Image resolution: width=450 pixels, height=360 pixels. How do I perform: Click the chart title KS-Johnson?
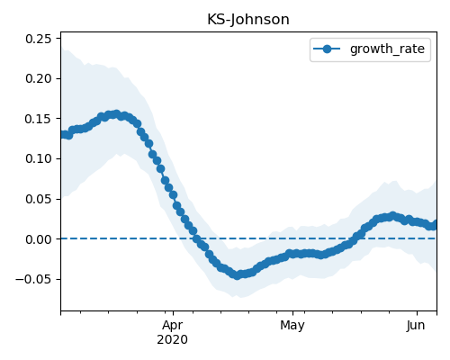click(248, 20)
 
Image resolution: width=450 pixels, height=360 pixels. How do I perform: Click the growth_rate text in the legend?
click(387, 49)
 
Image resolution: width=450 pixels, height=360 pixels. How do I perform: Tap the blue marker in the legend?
click(327, 49)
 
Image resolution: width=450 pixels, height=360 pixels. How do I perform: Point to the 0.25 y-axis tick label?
click(38, 39)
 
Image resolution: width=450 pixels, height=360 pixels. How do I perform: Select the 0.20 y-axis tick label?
click(38, 78)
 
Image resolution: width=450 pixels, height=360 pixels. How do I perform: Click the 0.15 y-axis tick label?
click(38, 119)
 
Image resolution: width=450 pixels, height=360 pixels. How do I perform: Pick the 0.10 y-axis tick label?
click(38, 158)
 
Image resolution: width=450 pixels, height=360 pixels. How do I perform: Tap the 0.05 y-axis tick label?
click(38, 199)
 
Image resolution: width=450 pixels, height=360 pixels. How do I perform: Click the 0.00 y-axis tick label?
click(38, 239)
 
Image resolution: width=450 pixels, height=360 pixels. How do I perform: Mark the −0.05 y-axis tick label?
click(33, 279)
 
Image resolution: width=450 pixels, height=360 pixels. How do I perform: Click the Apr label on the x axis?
click(173, 326)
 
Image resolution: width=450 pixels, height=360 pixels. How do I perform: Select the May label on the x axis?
click(292, 326)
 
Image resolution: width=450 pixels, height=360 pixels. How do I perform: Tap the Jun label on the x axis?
click(416, 325)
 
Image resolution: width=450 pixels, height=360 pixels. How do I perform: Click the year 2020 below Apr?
click(173, 339)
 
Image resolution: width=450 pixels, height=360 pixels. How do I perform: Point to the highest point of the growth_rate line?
click(117, 114)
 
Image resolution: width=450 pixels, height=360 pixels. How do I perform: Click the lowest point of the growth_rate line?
click(237, 275)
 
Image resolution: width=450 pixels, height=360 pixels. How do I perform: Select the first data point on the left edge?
click(62, 135)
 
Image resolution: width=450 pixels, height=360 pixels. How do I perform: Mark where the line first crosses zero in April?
click(196, 238)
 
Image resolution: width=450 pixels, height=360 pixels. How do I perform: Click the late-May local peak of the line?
click(392, 215)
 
